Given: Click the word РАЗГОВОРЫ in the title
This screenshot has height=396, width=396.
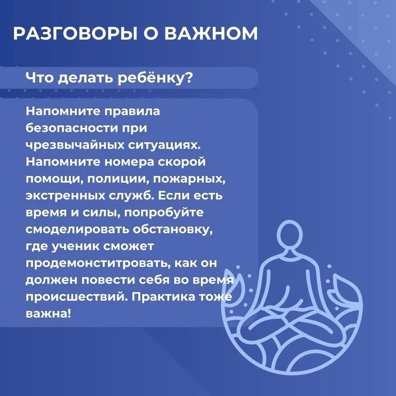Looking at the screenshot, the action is click(75, 33).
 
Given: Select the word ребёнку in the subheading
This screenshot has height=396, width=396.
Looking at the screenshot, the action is click(155, 78).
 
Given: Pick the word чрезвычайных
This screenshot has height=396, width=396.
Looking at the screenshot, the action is click(75, 146).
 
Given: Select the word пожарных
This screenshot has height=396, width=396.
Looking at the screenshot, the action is click(189, 179).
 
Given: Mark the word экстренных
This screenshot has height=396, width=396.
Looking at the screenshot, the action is click(65, 196).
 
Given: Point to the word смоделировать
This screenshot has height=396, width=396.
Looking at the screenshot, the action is click(77, 230).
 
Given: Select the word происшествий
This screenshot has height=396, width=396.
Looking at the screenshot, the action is click(77, 297).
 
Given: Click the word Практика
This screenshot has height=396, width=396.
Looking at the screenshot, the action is click(164, 297).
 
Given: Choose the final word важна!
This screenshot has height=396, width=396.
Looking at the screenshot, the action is click(48, 313).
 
